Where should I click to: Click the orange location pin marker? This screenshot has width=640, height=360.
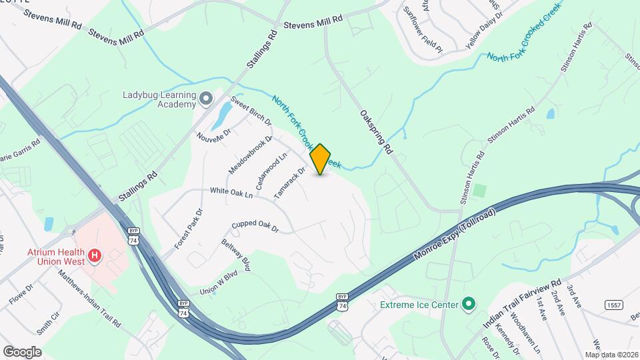point(321,159)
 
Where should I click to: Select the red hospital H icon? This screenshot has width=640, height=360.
point(95,255)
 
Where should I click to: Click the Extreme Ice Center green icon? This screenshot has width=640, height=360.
point(469,305)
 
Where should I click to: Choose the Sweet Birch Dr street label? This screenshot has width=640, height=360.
point(251,111)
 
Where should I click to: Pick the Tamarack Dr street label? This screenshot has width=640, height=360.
point(289,183)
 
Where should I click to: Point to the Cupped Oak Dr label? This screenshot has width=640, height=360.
point(254,227)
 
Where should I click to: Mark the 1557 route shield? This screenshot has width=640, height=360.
point(614,305)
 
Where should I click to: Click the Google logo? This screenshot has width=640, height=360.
point(22,351)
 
